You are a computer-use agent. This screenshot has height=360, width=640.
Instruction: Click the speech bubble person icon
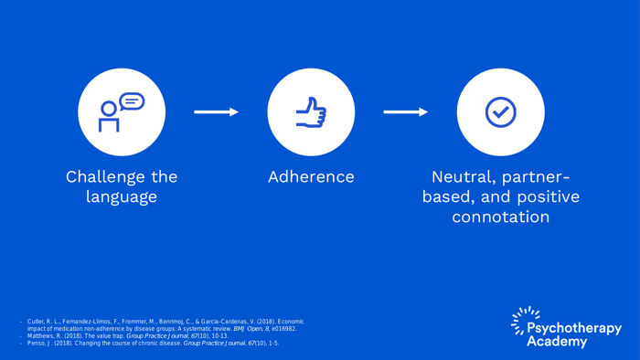point(122,112)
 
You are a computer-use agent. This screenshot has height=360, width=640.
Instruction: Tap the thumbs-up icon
point(311,112)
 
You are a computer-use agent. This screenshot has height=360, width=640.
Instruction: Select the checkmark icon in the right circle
point(500,112)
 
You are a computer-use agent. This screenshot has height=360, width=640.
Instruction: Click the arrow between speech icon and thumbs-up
point(217,112)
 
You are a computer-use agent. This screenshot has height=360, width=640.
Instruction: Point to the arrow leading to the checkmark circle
point(405,112)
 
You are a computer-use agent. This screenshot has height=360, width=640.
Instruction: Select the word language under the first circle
point(122,197)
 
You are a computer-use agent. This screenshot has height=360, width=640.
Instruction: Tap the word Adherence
point(311,176)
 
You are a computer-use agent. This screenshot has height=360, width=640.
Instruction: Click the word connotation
point(500,217)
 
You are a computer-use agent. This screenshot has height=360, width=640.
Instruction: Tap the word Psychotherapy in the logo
point(576,328)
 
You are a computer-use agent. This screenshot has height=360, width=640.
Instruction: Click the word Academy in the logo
point(557,341)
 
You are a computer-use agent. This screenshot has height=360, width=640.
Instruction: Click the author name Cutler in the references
point(37,322)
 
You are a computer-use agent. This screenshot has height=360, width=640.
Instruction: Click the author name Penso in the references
point(37,344)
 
